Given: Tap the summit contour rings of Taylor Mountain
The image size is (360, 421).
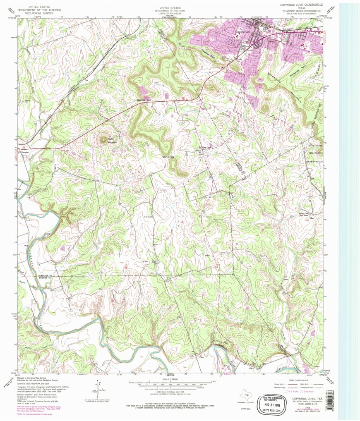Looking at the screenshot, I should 102,140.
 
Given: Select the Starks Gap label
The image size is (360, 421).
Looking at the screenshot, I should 167,157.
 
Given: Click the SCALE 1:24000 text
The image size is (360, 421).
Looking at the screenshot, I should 173,379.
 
